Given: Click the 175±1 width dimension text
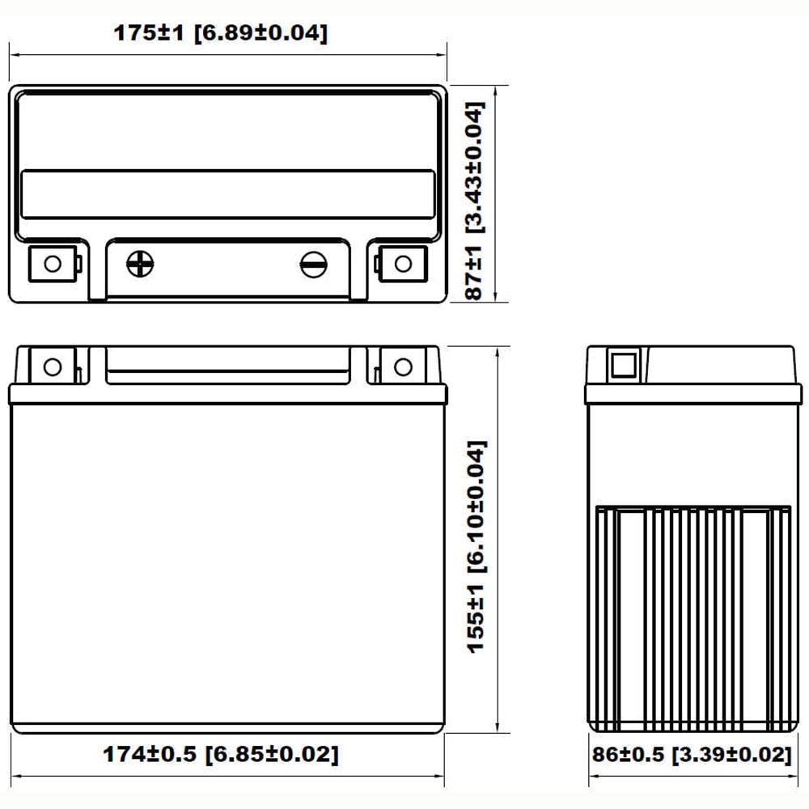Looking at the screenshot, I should [220, 33].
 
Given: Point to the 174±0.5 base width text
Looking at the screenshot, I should [220, 754].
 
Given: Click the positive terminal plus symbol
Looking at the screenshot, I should [141, 263].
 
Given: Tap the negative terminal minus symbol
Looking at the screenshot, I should [313, 263].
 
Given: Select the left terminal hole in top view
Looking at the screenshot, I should [53, 264].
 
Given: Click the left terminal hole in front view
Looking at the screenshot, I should [53, 366].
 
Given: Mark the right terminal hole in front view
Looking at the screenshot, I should [402, 366].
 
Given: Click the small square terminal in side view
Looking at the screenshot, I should [623, 366].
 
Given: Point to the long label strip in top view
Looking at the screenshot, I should [227, 194].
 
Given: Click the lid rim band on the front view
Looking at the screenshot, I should [227, 395].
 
